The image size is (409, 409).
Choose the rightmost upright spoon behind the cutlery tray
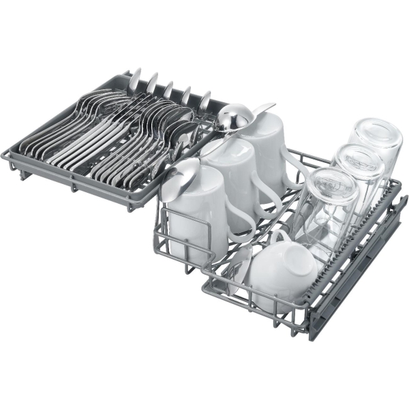(204, 102)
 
